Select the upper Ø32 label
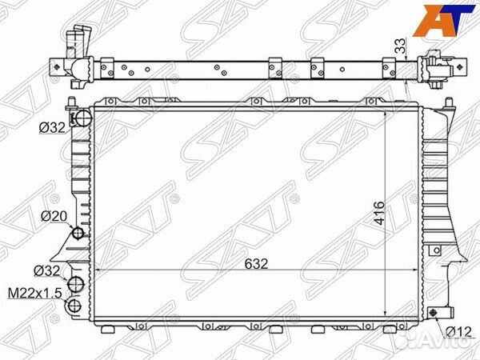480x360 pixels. click(x=53, y=127)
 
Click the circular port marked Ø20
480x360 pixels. click(x=78, y=234)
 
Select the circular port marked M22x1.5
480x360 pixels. click(x=75, y=305)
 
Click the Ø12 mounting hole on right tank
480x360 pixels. click(x=436, y=312)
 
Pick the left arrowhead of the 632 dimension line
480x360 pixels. click(x=98, y=272)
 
